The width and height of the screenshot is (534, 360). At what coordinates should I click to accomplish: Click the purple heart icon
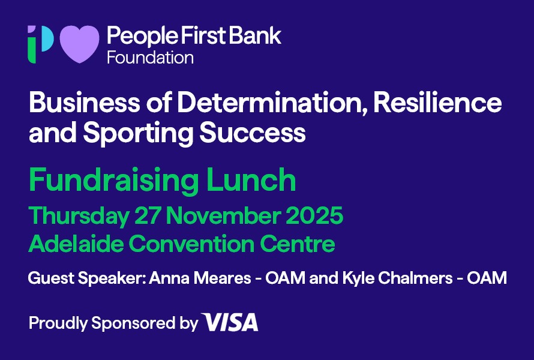point(79,44)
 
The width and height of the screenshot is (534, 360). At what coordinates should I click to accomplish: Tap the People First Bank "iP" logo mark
point(41,44)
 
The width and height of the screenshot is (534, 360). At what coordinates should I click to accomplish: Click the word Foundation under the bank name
point(150,58)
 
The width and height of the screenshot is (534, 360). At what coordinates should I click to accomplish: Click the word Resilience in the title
point(437,102)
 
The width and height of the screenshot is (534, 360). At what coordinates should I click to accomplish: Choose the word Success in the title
point(253,133)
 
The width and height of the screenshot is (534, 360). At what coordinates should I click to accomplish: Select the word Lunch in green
point(251,179)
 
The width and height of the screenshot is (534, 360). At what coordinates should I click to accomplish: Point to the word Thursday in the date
point(79,216)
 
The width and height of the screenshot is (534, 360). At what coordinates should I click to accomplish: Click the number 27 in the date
point(147,215)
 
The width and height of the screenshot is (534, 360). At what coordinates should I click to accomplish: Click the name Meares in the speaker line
point(223,278)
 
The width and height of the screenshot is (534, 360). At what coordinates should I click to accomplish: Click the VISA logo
point(230,322)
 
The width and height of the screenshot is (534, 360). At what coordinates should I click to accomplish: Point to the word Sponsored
point(133,323)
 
